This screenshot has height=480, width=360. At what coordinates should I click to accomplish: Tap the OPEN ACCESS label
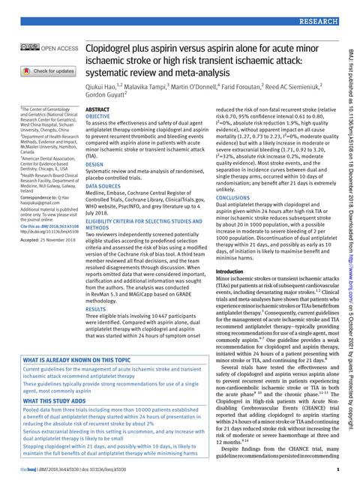pyautogui.click(x=60, y=49)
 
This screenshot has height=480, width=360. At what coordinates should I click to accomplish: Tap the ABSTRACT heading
pyautogui.click(x=98, y=109)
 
